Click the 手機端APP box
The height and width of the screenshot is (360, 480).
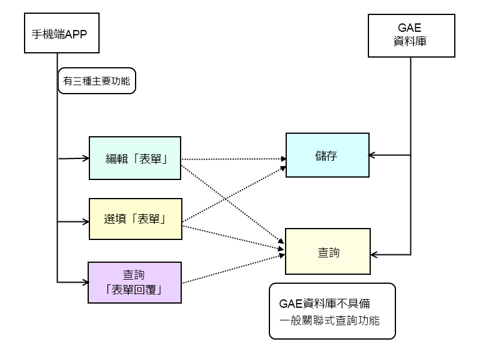pos(59,33)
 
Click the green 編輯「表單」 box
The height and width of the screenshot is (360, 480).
pos(135,158)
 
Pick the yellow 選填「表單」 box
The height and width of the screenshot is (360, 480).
pos(135,220)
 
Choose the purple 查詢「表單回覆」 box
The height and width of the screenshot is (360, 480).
pos(134,282)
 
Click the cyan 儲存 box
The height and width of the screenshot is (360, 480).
pos(327,155)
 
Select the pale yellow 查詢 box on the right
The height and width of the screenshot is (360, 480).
pos(328,252)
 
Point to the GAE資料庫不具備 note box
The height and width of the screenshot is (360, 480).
pos(332,310)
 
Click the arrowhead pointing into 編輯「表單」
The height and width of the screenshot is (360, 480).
pos(85,159)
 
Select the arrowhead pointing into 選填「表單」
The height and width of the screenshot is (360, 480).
pos(85,221)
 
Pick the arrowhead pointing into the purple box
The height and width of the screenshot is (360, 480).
pos(84,282)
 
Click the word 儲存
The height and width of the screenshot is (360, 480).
pos(327,155)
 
